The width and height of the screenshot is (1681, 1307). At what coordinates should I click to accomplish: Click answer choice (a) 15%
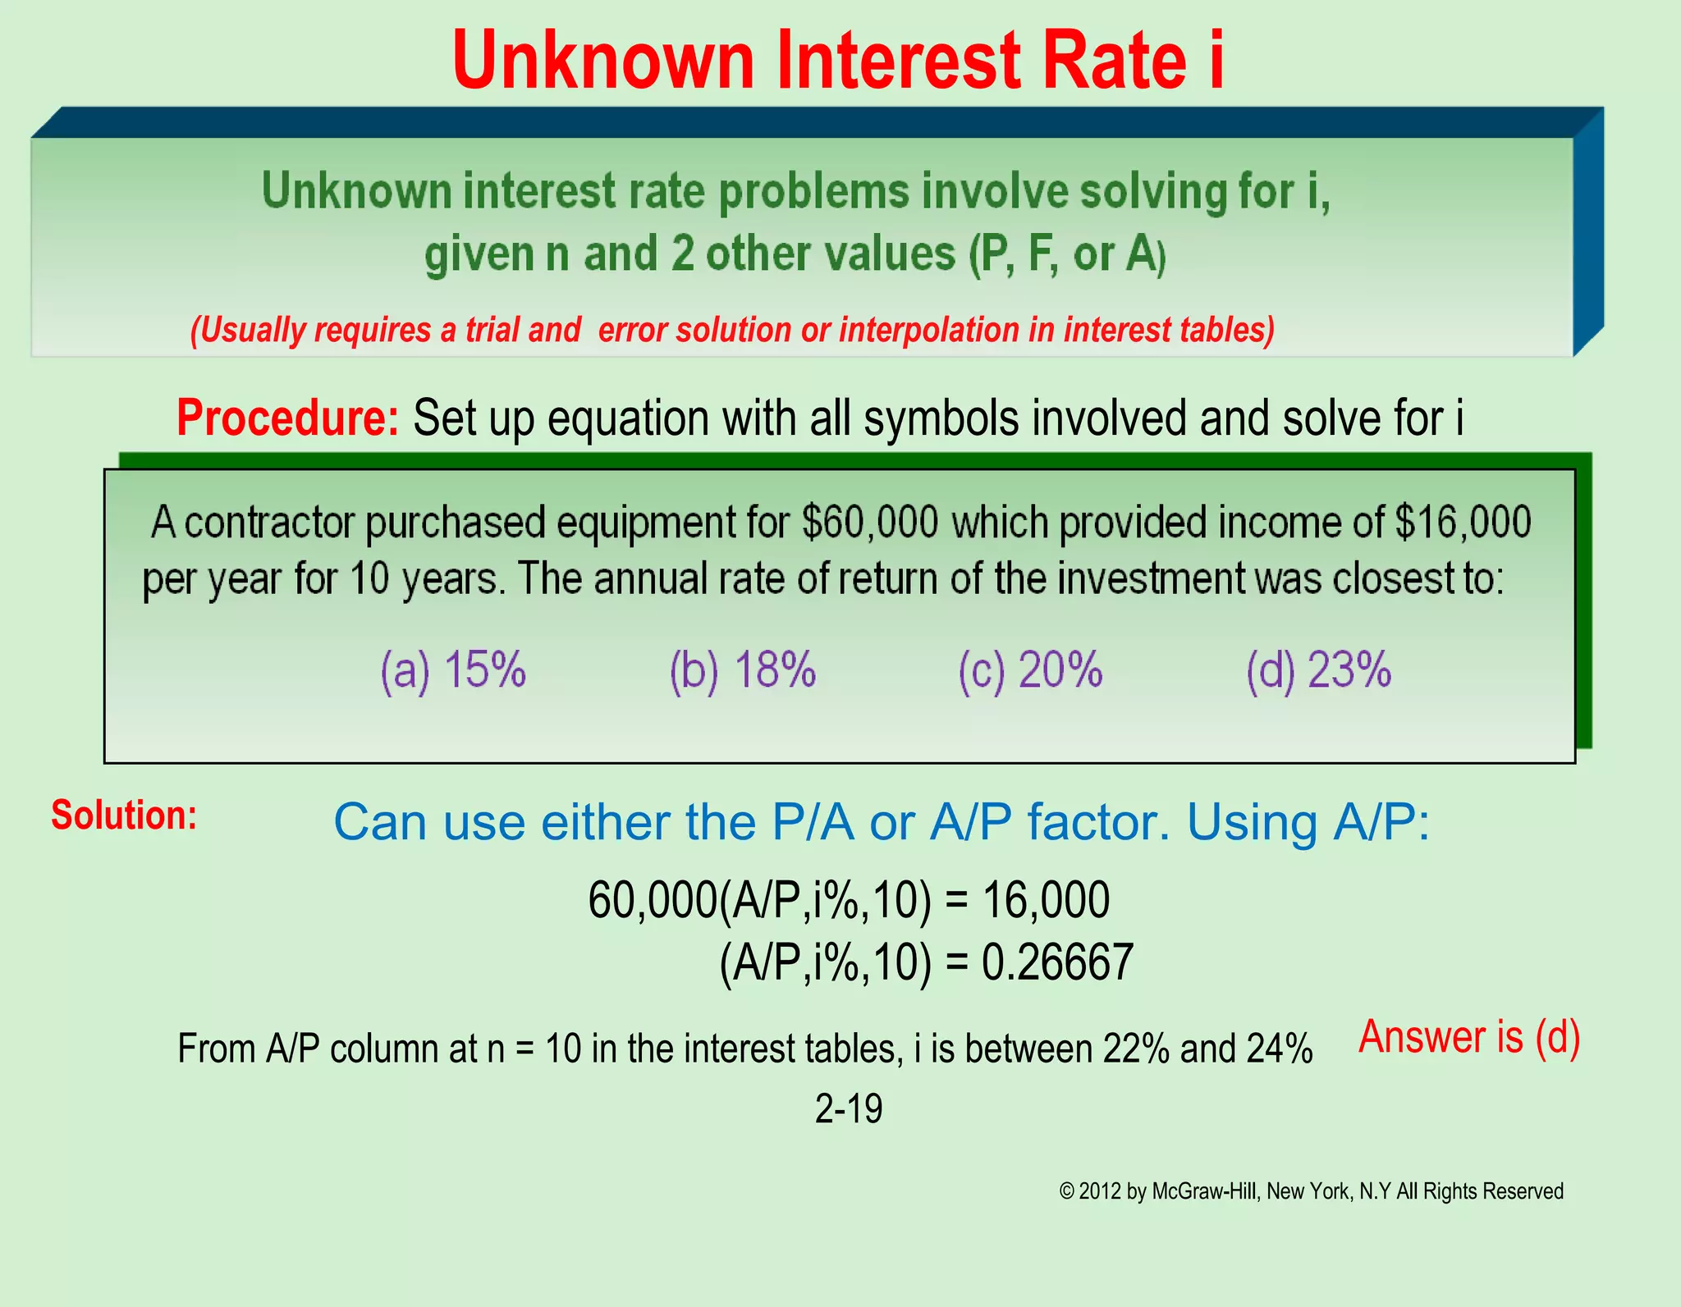(x=453, y=670)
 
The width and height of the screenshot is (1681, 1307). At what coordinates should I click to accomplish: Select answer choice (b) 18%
(x=743, y=670)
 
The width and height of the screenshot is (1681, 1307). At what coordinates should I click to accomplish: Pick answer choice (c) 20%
(x=1030, y=670)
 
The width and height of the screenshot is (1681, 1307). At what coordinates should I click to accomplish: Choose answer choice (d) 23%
(x=1319, y=670)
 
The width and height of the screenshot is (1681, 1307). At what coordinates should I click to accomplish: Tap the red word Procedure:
(x=287, y=418)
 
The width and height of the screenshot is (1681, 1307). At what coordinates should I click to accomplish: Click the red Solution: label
(x=124, y=815)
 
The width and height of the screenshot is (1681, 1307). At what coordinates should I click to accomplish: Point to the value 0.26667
(x=1057, y=962)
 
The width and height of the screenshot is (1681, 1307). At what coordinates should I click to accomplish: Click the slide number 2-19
(x=849, y=1108)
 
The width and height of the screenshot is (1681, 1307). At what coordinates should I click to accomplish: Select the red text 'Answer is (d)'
(x=1469, y=1037)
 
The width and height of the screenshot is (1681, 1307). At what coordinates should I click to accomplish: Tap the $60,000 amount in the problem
(x=870, y=523)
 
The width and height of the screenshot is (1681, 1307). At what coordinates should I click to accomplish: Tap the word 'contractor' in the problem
(x=271, y=523)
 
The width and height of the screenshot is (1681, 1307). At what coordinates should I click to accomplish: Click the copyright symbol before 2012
(x=1067, y=1191)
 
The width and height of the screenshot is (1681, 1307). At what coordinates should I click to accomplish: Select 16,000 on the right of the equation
(x=1046, y=900)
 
